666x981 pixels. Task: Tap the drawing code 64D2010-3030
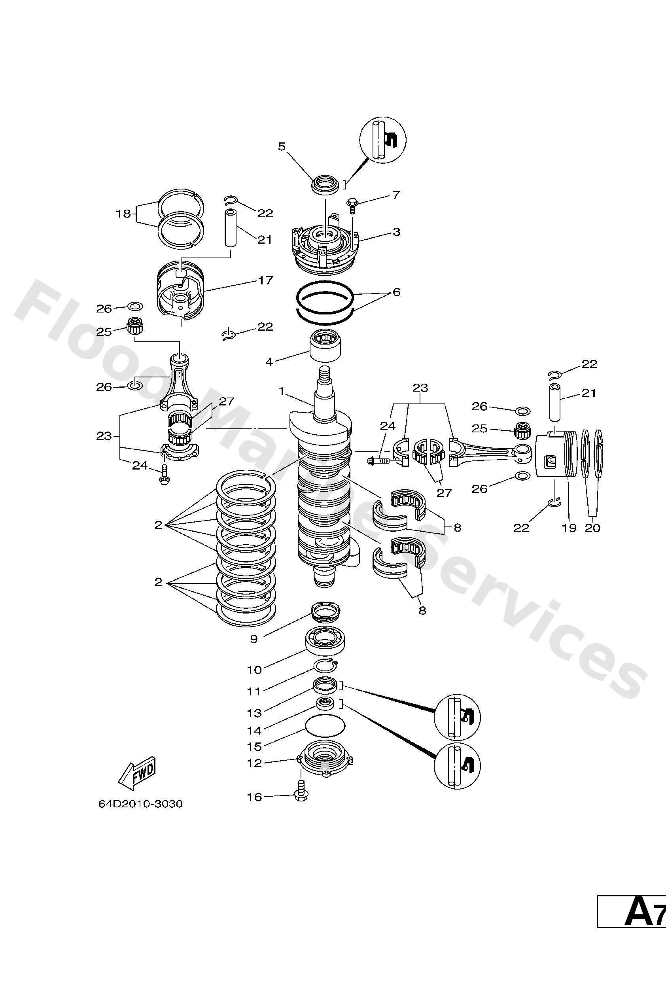point(140,804)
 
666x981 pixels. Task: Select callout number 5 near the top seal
point(282,146)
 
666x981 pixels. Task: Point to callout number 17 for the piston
point(265,280)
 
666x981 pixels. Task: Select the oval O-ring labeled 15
point(325,726)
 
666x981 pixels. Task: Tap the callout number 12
point(255,763)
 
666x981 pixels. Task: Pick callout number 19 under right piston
point(569,528)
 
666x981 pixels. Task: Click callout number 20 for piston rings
point(592,528)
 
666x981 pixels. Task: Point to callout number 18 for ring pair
point(124,214)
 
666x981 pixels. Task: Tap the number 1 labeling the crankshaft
point(282,392)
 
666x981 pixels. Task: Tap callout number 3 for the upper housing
point(396,232)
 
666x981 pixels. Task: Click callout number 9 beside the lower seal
point(254,639)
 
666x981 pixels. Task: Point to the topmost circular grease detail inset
point(382,139)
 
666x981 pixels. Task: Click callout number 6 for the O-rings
point(396,292)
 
